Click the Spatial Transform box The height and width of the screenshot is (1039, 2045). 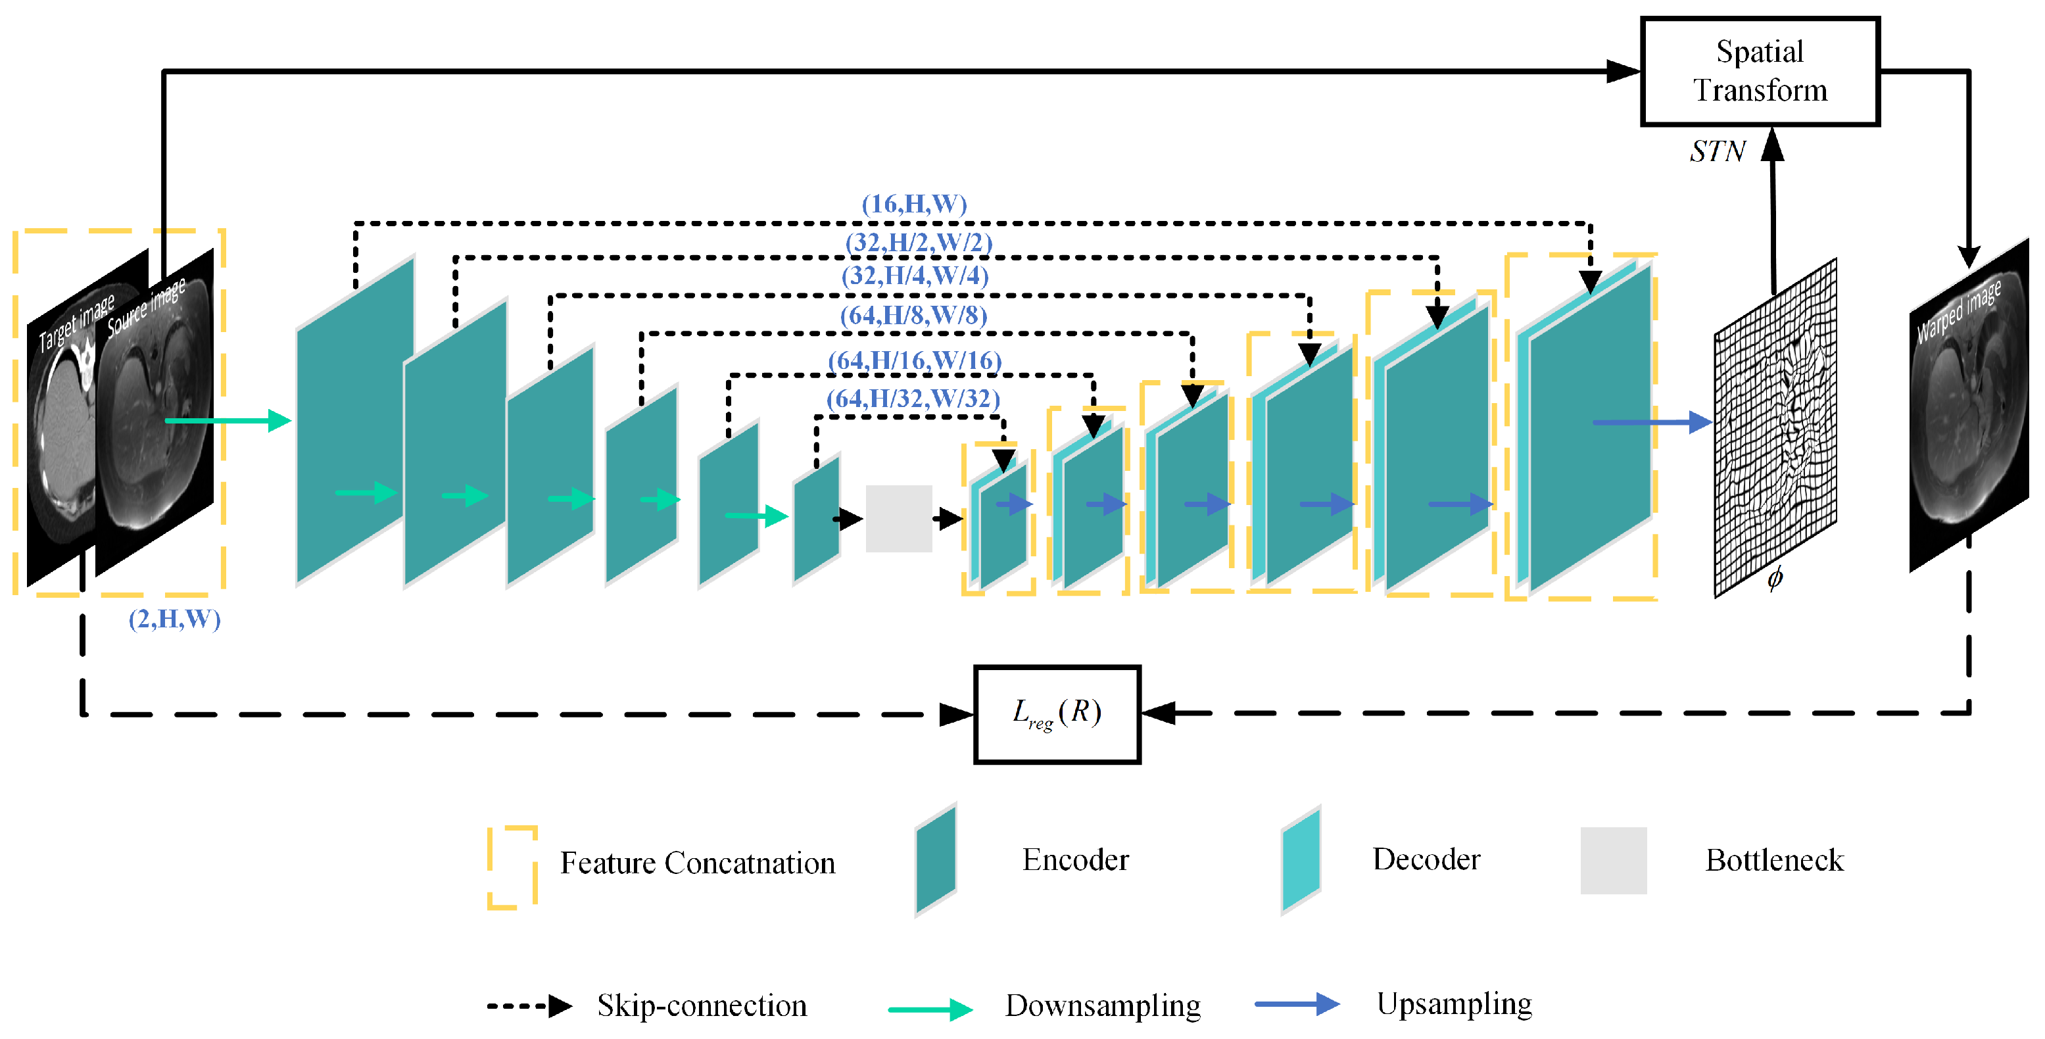pyautogui.click(x=1759, y=72)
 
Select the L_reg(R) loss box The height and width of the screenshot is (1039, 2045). pyautogui.click(x=1057, y=713)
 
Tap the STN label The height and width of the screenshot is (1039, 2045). pyautogui.click(x=1717, y=151)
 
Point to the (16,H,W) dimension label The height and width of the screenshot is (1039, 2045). pyautogui.click(x=914, y=204)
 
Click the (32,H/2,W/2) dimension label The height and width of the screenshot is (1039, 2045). pyautogui.click(x=919, y=242)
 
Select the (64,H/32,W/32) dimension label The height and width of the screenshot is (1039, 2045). pyautogui.click(x=913, y=399)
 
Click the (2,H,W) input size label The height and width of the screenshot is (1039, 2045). pyautogui.click(x=175, y=618)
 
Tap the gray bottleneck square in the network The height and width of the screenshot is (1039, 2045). pyautogui.click(x=899, y=518)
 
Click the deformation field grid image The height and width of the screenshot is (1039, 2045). pyautogui.click(x=1775, y=429)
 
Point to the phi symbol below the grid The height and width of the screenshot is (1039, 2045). pyautogui.click(x=1775, y=577)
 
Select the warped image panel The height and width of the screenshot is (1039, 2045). pyautogui.click(x=1968, y=405)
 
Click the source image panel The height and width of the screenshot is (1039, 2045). pyautogui.click(x=155, y=413)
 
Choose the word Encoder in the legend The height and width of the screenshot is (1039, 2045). pyautogui.click(x=1075, y=859)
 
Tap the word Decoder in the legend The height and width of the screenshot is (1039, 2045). pyautogui.click(x=1426, y=859)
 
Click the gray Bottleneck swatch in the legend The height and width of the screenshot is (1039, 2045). pyautogui.click(x=1613, y=860)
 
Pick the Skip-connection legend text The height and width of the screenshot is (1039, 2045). pyautogui.click(x=702, y=1005)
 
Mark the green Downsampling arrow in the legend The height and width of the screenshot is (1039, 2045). pyautogui.click(x=930, y=1009)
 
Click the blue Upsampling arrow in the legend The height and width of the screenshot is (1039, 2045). pyautogui.click(x=1297, y=1004)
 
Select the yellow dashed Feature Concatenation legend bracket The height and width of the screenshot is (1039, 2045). pyautogui.click(x=513, y=867)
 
